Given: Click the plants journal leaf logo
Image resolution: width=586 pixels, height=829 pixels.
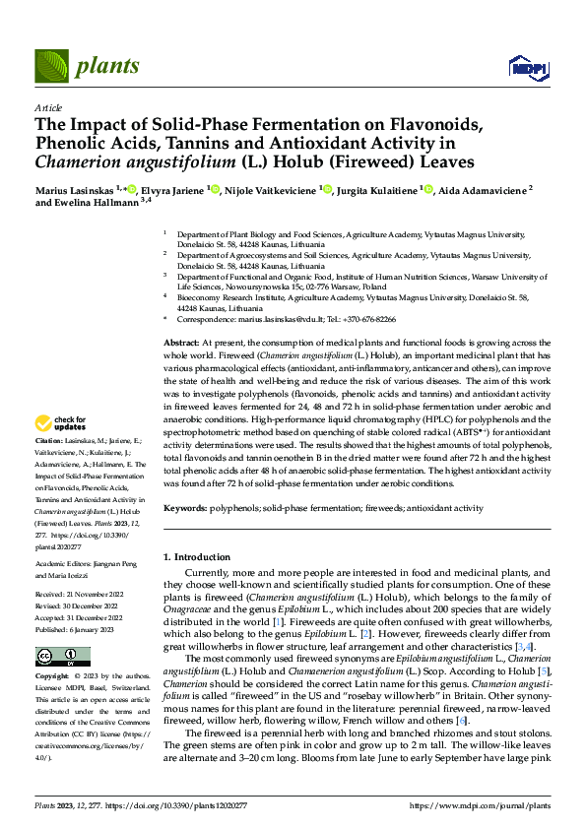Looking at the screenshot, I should [52, 66].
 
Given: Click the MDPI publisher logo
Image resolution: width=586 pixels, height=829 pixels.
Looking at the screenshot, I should [526, 67].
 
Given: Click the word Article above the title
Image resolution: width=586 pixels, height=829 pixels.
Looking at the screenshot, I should [47, 106].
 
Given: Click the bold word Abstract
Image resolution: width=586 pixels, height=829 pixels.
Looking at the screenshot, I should [180, 340].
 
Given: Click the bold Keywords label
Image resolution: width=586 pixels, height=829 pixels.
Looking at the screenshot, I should [184, 508].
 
